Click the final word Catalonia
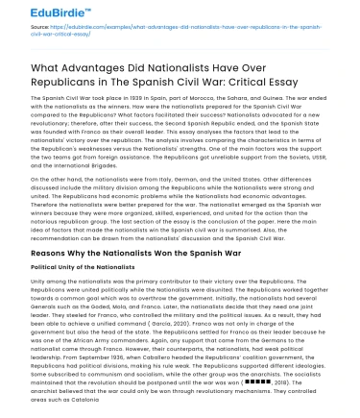(x=73, y=398)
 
